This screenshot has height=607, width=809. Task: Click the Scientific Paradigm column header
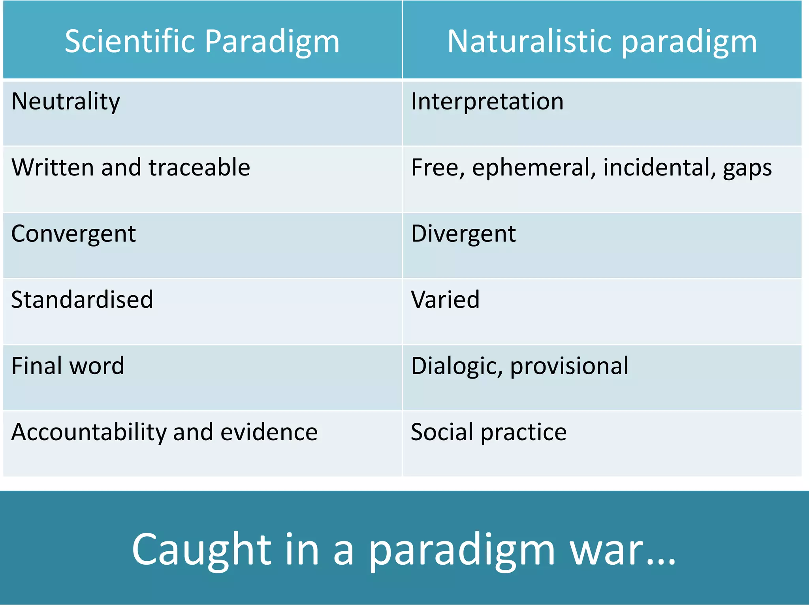(x=202, y=41)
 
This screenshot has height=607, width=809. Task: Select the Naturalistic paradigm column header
(x=602, y=41)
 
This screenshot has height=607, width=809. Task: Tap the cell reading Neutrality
(x=66, y=102)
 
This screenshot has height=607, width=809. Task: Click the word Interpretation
(x=487, y=102)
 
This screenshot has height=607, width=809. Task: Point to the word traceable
(x=199, y=167)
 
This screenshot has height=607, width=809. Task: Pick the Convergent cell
(x=73, y=234)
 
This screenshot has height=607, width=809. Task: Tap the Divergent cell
(x=463, y=234)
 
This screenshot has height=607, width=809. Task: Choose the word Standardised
(x=82, y=300)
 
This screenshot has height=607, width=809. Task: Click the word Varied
(x=445, y=300)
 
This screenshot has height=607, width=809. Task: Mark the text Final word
(x=68, y=366)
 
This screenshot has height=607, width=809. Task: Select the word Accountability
(x=89, y=432)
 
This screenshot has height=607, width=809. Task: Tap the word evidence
(x=269, y=432)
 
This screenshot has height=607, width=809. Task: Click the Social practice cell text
(x=489, y=432)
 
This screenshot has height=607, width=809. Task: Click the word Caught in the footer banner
(x=201, y=550)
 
